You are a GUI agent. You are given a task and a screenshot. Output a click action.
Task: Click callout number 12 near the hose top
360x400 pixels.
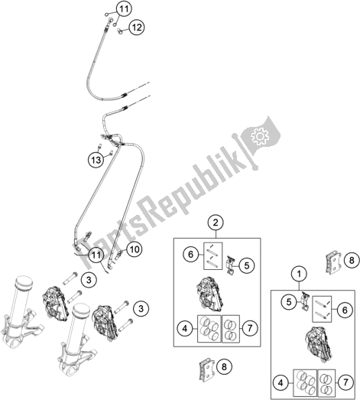[x=137, y=28]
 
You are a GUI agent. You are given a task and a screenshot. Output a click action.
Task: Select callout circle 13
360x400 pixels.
[x=96, y=160]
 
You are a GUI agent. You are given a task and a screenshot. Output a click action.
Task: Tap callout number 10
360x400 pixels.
[x=135, y=249]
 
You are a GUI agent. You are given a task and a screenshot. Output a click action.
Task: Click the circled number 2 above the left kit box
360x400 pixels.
[x=216, y=223]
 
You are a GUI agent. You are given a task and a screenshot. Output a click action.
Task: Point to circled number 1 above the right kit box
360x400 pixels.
[x=299, y=274]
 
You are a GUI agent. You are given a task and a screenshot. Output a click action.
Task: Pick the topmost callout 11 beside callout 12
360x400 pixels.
[x=124, y=9]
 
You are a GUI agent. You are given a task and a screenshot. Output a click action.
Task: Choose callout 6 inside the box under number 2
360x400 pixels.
[x=191, y=254]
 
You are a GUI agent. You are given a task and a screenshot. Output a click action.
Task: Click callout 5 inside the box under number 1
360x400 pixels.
[x=289, y=302]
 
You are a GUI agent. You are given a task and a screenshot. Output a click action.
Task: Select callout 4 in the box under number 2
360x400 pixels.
[x=185, y=328]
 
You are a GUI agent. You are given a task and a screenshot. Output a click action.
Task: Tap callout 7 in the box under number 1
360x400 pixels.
[x=345, y=382]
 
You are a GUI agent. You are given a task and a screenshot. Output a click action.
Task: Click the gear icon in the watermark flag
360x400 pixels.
[x=260, y=136]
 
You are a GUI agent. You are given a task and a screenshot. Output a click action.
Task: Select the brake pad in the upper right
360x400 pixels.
[x=334, y=262]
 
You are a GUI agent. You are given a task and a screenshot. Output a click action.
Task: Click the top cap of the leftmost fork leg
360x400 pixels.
[x=24, y=281]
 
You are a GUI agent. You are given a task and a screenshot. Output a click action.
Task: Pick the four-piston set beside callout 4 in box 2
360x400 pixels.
[x=209, y=329]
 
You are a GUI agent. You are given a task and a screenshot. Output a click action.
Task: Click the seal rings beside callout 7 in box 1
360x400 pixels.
[x=326, y=382]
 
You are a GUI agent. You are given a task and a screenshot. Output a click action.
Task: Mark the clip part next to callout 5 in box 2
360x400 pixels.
[x=231, y=265]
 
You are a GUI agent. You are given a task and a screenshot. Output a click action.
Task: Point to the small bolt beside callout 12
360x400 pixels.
[x=119, y=31]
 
